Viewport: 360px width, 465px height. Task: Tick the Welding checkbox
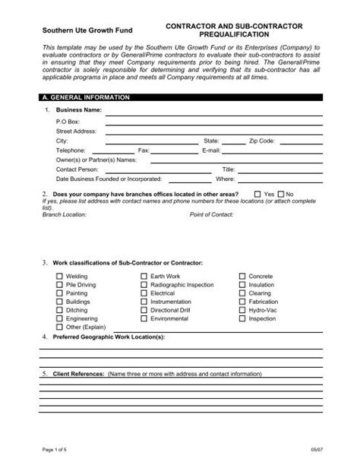(x=60, y=277)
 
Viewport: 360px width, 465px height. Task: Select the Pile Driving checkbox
(x=60, y=285)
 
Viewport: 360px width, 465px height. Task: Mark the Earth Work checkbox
(x=144, y=277)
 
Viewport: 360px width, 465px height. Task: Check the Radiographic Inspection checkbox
(x=144, y=285)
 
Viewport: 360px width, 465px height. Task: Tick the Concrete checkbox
(x=242, y=277)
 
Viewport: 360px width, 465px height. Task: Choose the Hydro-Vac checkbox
(x=242, y=311)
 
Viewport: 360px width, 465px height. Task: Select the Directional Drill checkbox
(x=144, y=311)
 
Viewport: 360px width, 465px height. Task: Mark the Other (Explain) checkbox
(x=60, y=327)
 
